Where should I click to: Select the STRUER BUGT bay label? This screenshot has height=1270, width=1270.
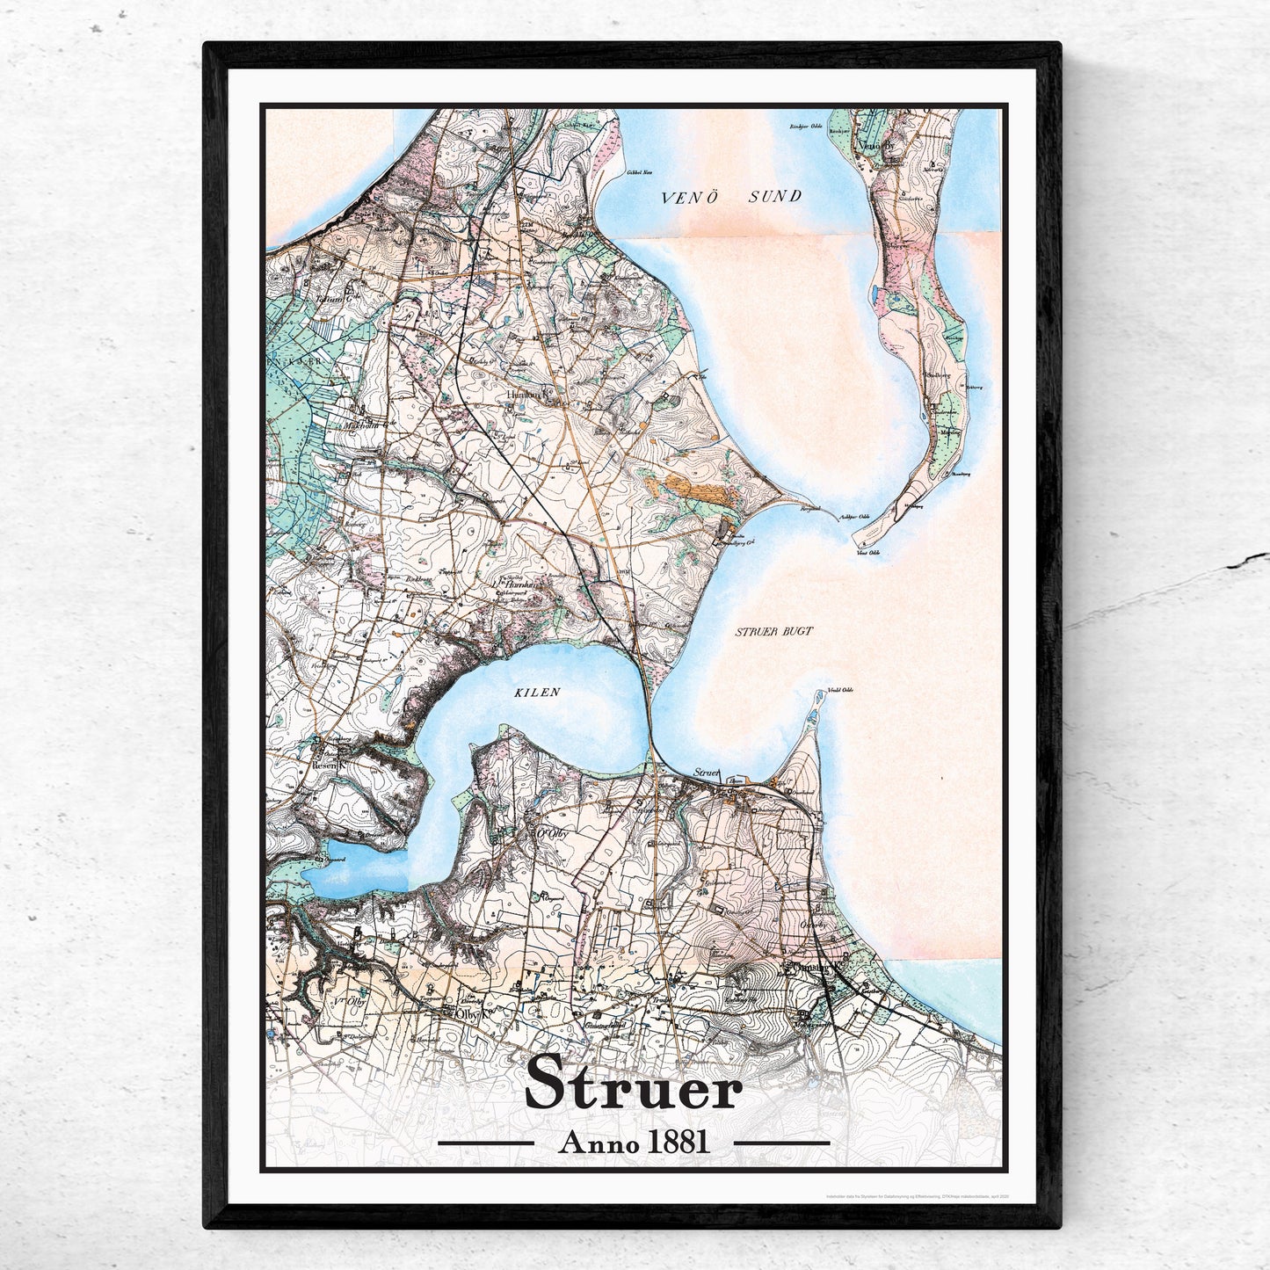pyautogui.click(x=773, y=631)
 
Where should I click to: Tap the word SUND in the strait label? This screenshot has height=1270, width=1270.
pyautogui.click(x=773, y=197)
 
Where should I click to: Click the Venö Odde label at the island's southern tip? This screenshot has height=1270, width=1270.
pyautogui.click(x=867, y=552)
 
